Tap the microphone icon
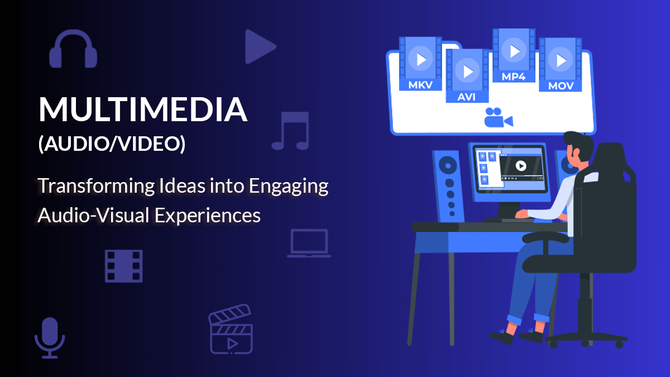tap(50, 337)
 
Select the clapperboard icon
tap(231, 329)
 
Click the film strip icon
tap(123, 266)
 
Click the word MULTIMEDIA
tap(143, 109)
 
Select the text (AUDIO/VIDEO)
tap(112, 144)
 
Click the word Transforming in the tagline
tap(96, 186)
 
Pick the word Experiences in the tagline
tap(208, 216)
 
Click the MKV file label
tap(420, 85)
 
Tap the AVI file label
tap(467, 97)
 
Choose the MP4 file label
tap(514, 77)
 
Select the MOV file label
tap(561, 86)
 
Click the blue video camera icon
tap(498, 117)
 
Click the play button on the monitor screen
tap(521, 165)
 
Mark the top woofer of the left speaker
tap(447, 165)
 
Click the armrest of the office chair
tap(545, 237)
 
